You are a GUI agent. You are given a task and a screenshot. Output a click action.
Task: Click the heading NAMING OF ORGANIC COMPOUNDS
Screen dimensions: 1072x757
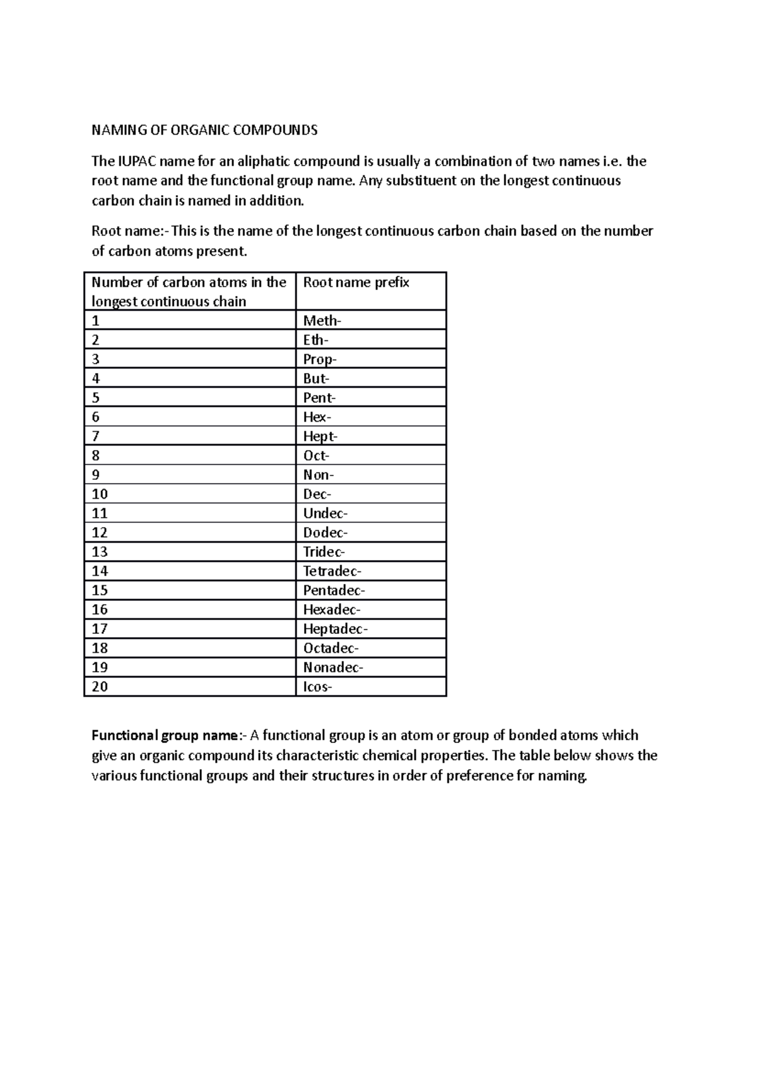(x=204, y=131)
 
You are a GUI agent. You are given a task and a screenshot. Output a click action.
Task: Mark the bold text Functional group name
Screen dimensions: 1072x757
(x=165, y=736)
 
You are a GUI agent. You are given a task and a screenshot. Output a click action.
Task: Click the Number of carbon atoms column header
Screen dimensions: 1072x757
(x=189, y=291)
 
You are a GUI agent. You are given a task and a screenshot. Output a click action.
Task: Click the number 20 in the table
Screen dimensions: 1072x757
(x=100, y=687)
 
